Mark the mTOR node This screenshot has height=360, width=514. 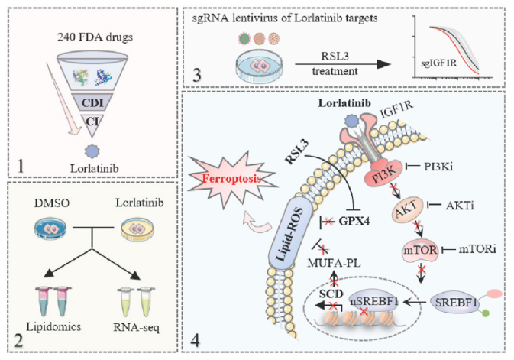tap(419, 249)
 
